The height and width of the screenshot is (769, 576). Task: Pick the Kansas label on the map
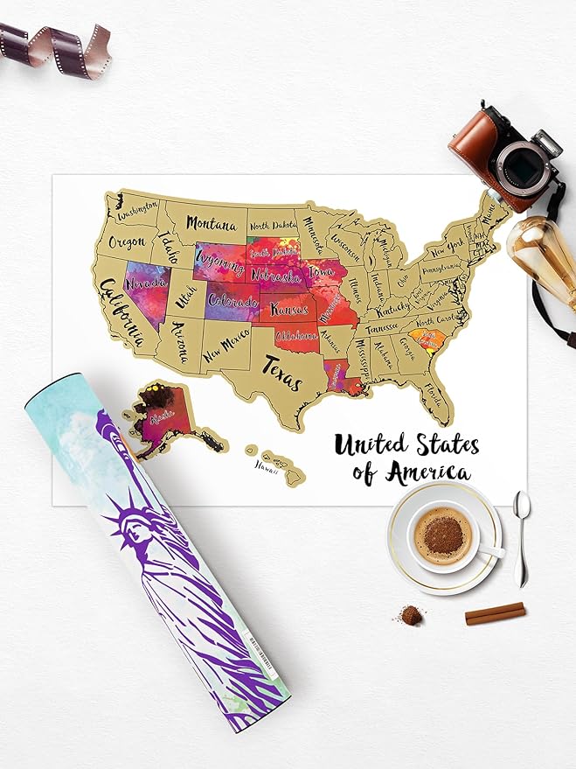293,309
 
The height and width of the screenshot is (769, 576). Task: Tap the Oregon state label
128,242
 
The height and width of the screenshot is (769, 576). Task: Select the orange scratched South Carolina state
427,339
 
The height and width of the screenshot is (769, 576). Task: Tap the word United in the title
370,445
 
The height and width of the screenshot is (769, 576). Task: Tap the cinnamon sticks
495,613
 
